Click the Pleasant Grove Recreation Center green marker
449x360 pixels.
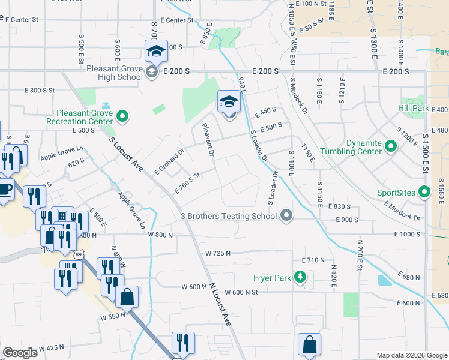coord(123,116)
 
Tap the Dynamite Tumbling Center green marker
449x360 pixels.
coord(390,146)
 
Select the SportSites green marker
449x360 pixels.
coord(425,193)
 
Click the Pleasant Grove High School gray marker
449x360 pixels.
coord(152,72)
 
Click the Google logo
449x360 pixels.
coord(20,352)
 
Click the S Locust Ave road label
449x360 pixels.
coord(126,154)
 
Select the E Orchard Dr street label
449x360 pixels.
coord(169,161)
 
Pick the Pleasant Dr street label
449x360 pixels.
coord(208,140)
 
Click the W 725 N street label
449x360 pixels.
coord(218,253)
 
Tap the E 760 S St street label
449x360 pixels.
coord(187,184)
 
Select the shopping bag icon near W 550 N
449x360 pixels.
coord(127,296)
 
